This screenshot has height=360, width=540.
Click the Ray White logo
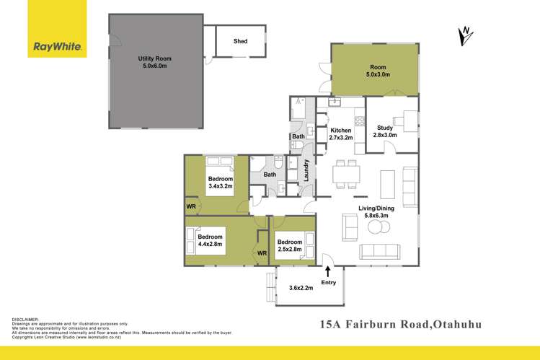58,48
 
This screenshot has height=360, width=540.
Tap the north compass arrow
466,33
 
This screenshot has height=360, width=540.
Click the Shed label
240,41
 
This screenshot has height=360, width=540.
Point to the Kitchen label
340,133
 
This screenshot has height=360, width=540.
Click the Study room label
385,131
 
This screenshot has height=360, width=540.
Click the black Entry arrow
329,271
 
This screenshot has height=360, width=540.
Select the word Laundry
306,172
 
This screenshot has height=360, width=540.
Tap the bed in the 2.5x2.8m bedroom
302,242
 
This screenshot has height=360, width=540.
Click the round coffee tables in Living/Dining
376,227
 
